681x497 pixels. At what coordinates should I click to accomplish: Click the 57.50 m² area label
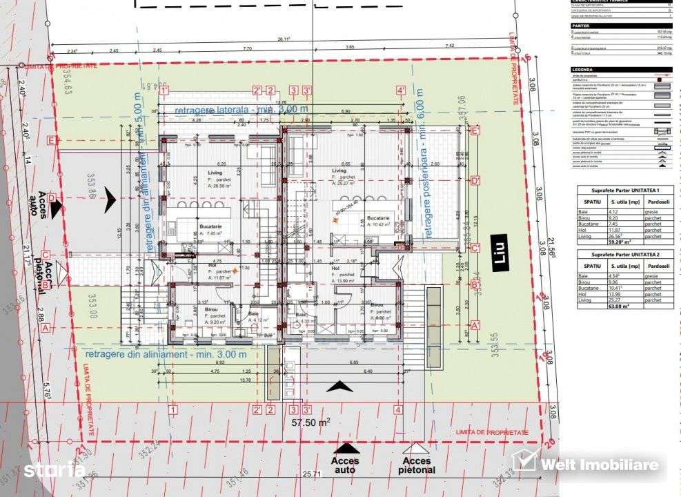(x=310, y=422)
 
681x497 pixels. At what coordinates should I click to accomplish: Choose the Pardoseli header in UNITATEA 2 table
(x=655, y=265)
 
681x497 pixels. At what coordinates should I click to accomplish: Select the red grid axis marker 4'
(x=401, y=90)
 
